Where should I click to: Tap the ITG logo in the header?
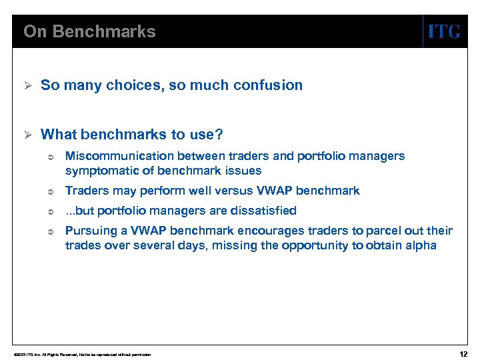pos(443,31)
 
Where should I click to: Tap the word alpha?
pos(421,245)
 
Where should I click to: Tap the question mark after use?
pos(219,135)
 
